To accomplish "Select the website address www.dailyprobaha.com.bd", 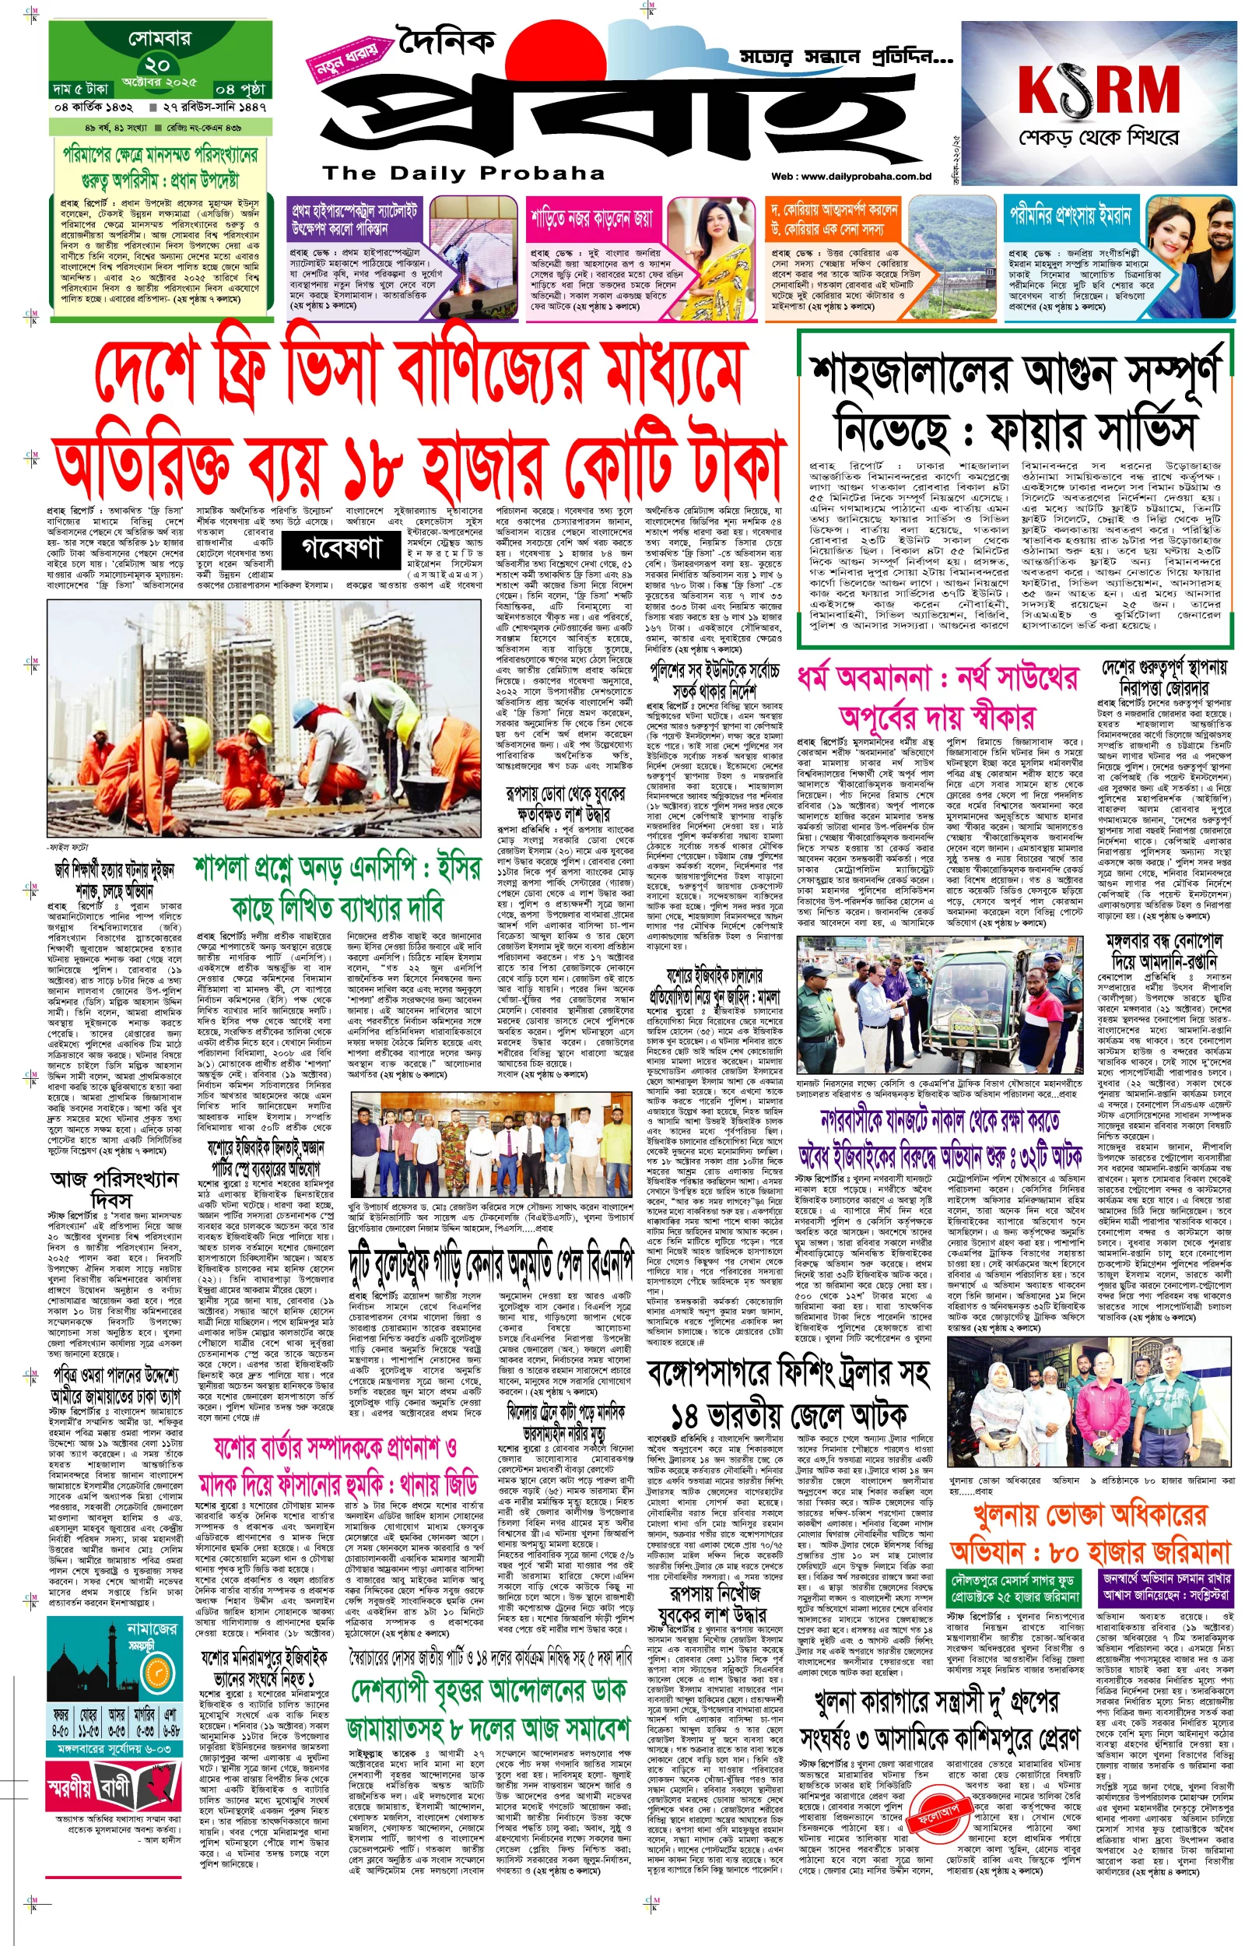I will click(862, 176).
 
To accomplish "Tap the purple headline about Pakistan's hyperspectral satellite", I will click(355, 219).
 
